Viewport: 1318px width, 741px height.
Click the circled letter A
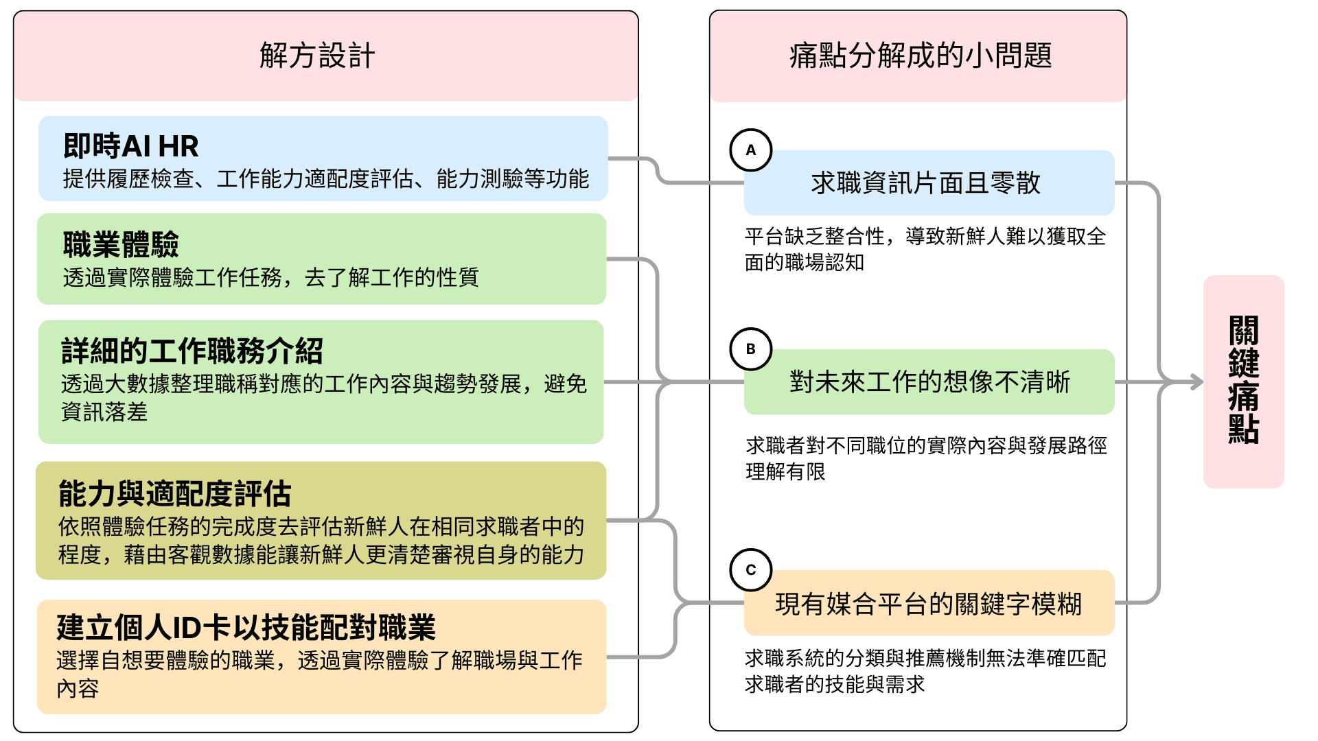pos(751,150)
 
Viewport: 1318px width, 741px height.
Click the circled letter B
pos(751,349)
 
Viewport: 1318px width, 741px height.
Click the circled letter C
pos(751,570)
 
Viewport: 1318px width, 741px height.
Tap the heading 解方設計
pos(317,56)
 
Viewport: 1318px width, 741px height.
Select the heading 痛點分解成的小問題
pos(921,56)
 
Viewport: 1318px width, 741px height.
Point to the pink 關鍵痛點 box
pos(1243,381)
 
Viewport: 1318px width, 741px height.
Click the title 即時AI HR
pos(130,146)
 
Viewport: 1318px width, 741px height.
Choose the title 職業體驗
pos(121,244)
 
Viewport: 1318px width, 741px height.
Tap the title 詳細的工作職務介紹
pos(192,351)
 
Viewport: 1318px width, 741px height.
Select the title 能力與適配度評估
pos(175,493)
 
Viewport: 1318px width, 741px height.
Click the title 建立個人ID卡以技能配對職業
pos(246,627)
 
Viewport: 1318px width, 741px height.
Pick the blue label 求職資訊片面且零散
pos(926,183)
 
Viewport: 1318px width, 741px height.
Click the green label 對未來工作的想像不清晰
pos(929,382)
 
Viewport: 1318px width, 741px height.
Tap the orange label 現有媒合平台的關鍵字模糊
pos(928,604)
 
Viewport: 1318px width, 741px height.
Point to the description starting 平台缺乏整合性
pos(925,249)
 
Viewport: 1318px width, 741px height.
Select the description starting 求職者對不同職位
pos(926,458)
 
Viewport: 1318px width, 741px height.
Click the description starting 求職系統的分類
pos(925,671)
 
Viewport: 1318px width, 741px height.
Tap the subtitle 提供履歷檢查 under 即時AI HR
pos(325,179)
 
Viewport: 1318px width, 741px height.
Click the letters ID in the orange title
pos(187,628)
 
